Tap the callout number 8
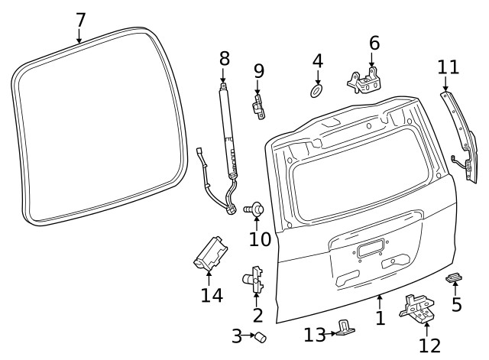point(224,58)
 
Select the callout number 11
point(449,66)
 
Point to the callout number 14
point(212,294)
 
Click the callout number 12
point(429,345)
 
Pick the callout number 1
point(380,316)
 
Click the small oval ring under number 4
point(316,91)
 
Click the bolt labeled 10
point(254,208)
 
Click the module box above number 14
point(209,252)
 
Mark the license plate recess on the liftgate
point(371,248)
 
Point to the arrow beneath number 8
point(224,76)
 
